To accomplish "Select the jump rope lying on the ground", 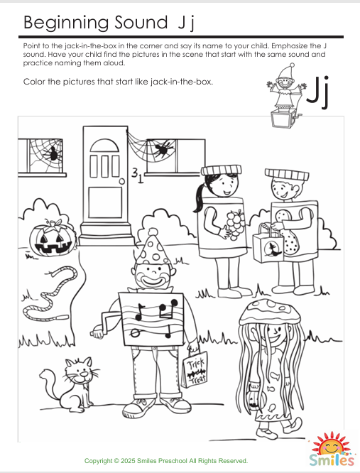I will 46,291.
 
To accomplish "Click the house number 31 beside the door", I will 137,174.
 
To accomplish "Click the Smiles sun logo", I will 331,451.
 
